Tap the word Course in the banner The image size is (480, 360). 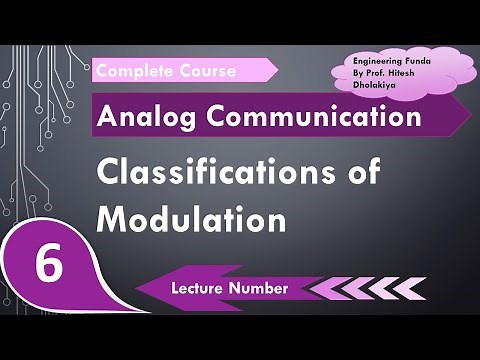pos(205,71)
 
